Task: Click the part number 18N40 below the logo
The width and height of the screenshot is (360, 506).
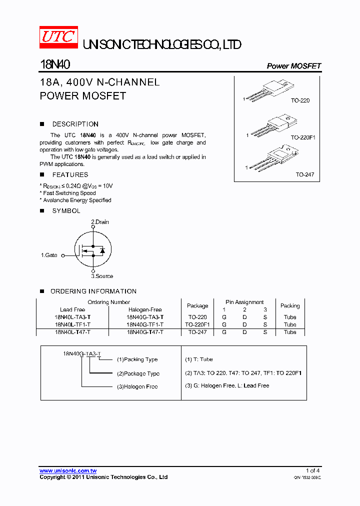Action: tap(54, 65)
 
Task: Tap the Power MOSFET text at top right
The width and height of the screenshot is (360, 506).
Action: tap(293, 66)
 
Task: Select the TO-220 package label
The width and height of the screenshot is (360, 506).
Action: tap(300, 100)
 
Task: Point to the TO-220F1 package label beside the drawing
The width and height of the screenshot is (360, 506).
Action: tap(303, 136)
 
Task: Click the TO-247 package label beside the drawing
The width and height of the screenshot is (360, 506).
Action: tap(304, 174)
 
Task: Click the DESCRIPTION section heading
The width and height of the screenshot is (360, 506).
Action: tap(75, 124)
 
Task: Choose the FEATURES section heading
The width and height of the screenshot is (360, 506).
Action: tap(70, 174)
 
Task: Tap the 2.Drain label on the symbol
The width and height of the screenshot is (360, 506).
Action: tap(99, 222)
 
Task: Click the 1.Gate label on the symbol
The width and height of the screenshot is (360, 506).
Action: tap(49, 255)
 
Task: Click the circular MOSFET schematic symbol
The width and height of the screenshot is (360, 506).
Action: tap(93, 249)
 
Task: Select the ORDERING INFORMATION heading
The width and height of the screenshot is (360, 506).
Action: tap(93, 291)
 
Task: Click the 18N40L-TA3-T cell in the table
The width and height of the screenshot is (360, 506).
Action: tap(72, 317)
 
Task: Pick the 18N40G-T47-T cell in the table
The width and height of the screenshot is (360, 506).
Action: tap(145, 332)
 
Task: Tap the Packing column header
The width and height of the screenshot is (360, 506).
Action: tap(290, 305)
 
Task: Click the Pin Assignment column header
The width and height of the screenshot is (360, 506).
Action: tap(244, 302)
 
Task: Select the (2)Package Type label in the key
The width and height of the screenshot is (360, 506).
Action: tap(138, 373)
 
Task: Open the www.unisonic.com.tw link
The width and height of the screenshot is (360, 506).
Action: tap(68, 470)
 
